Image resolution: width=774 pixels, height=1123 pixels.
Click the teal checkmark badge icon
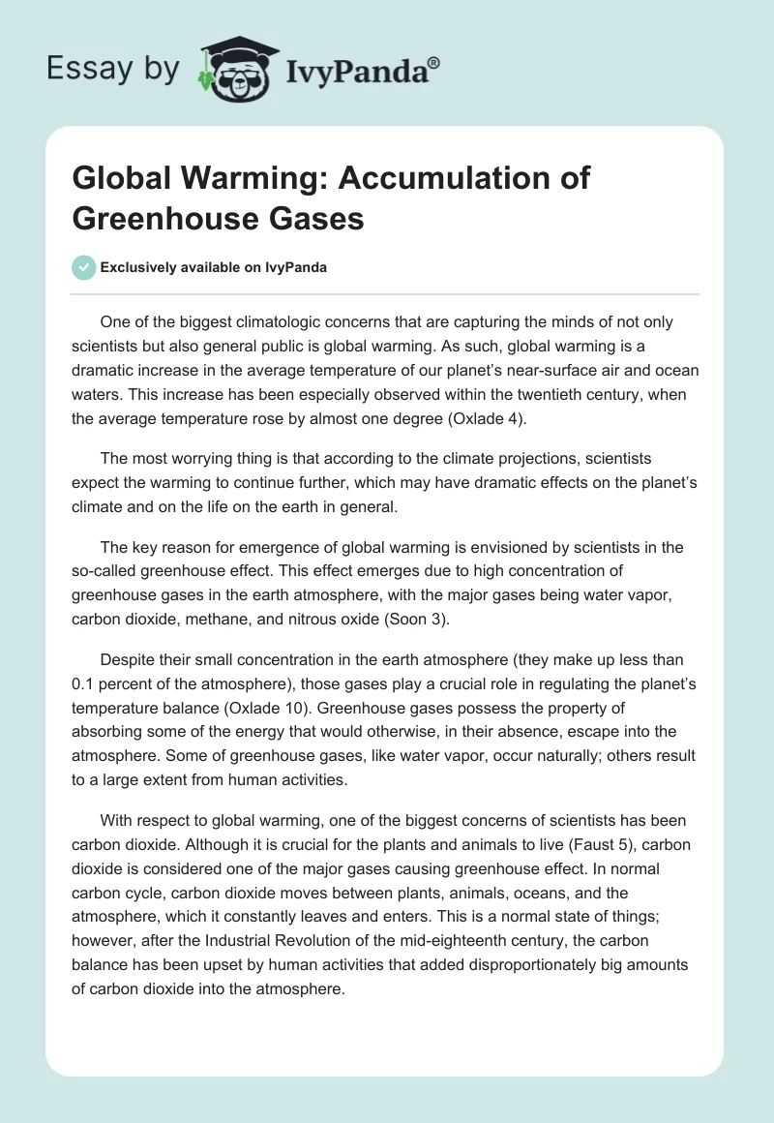(x=85, y=267)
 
